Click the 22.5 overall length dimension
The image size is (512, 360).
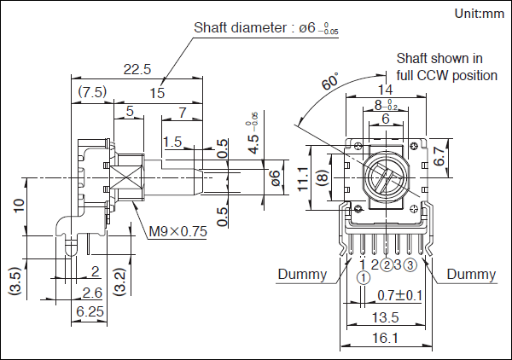tap(137, 68)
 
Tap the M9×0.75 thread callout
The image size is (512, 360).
tap(178, 230)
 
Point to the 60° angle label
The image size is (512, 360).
tap(329, 84)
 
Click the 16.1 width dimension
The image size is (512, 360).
tap(386, 339)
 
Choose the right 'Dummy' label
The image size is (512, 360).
tap(471, 275)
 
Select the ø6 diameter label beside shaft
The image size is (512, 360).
tap(275, 177)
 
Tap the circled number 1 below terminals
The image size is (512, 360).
tap(364, 278)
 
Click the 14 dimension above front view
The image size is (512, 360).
tap(386, 89)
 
